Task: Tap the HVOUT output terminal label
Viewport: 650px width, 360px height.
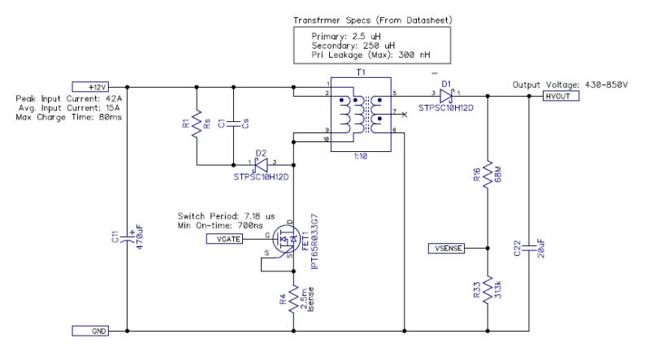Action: (558, 96)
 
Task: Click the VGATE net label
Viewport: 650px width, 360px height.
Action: (223, 240)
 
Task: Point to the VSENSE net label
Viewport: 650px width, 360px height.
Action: (446, 248)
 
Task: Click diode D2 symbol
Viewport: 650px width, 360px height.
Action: (261, 163)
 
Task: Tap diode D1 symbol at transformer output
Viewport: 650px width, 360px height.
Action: (446, 95)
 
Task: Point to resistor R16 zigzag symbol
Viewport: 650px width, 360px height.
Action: (486, 174)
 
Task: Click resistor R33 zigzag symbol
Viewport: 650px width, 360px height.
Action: (486, 291)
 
